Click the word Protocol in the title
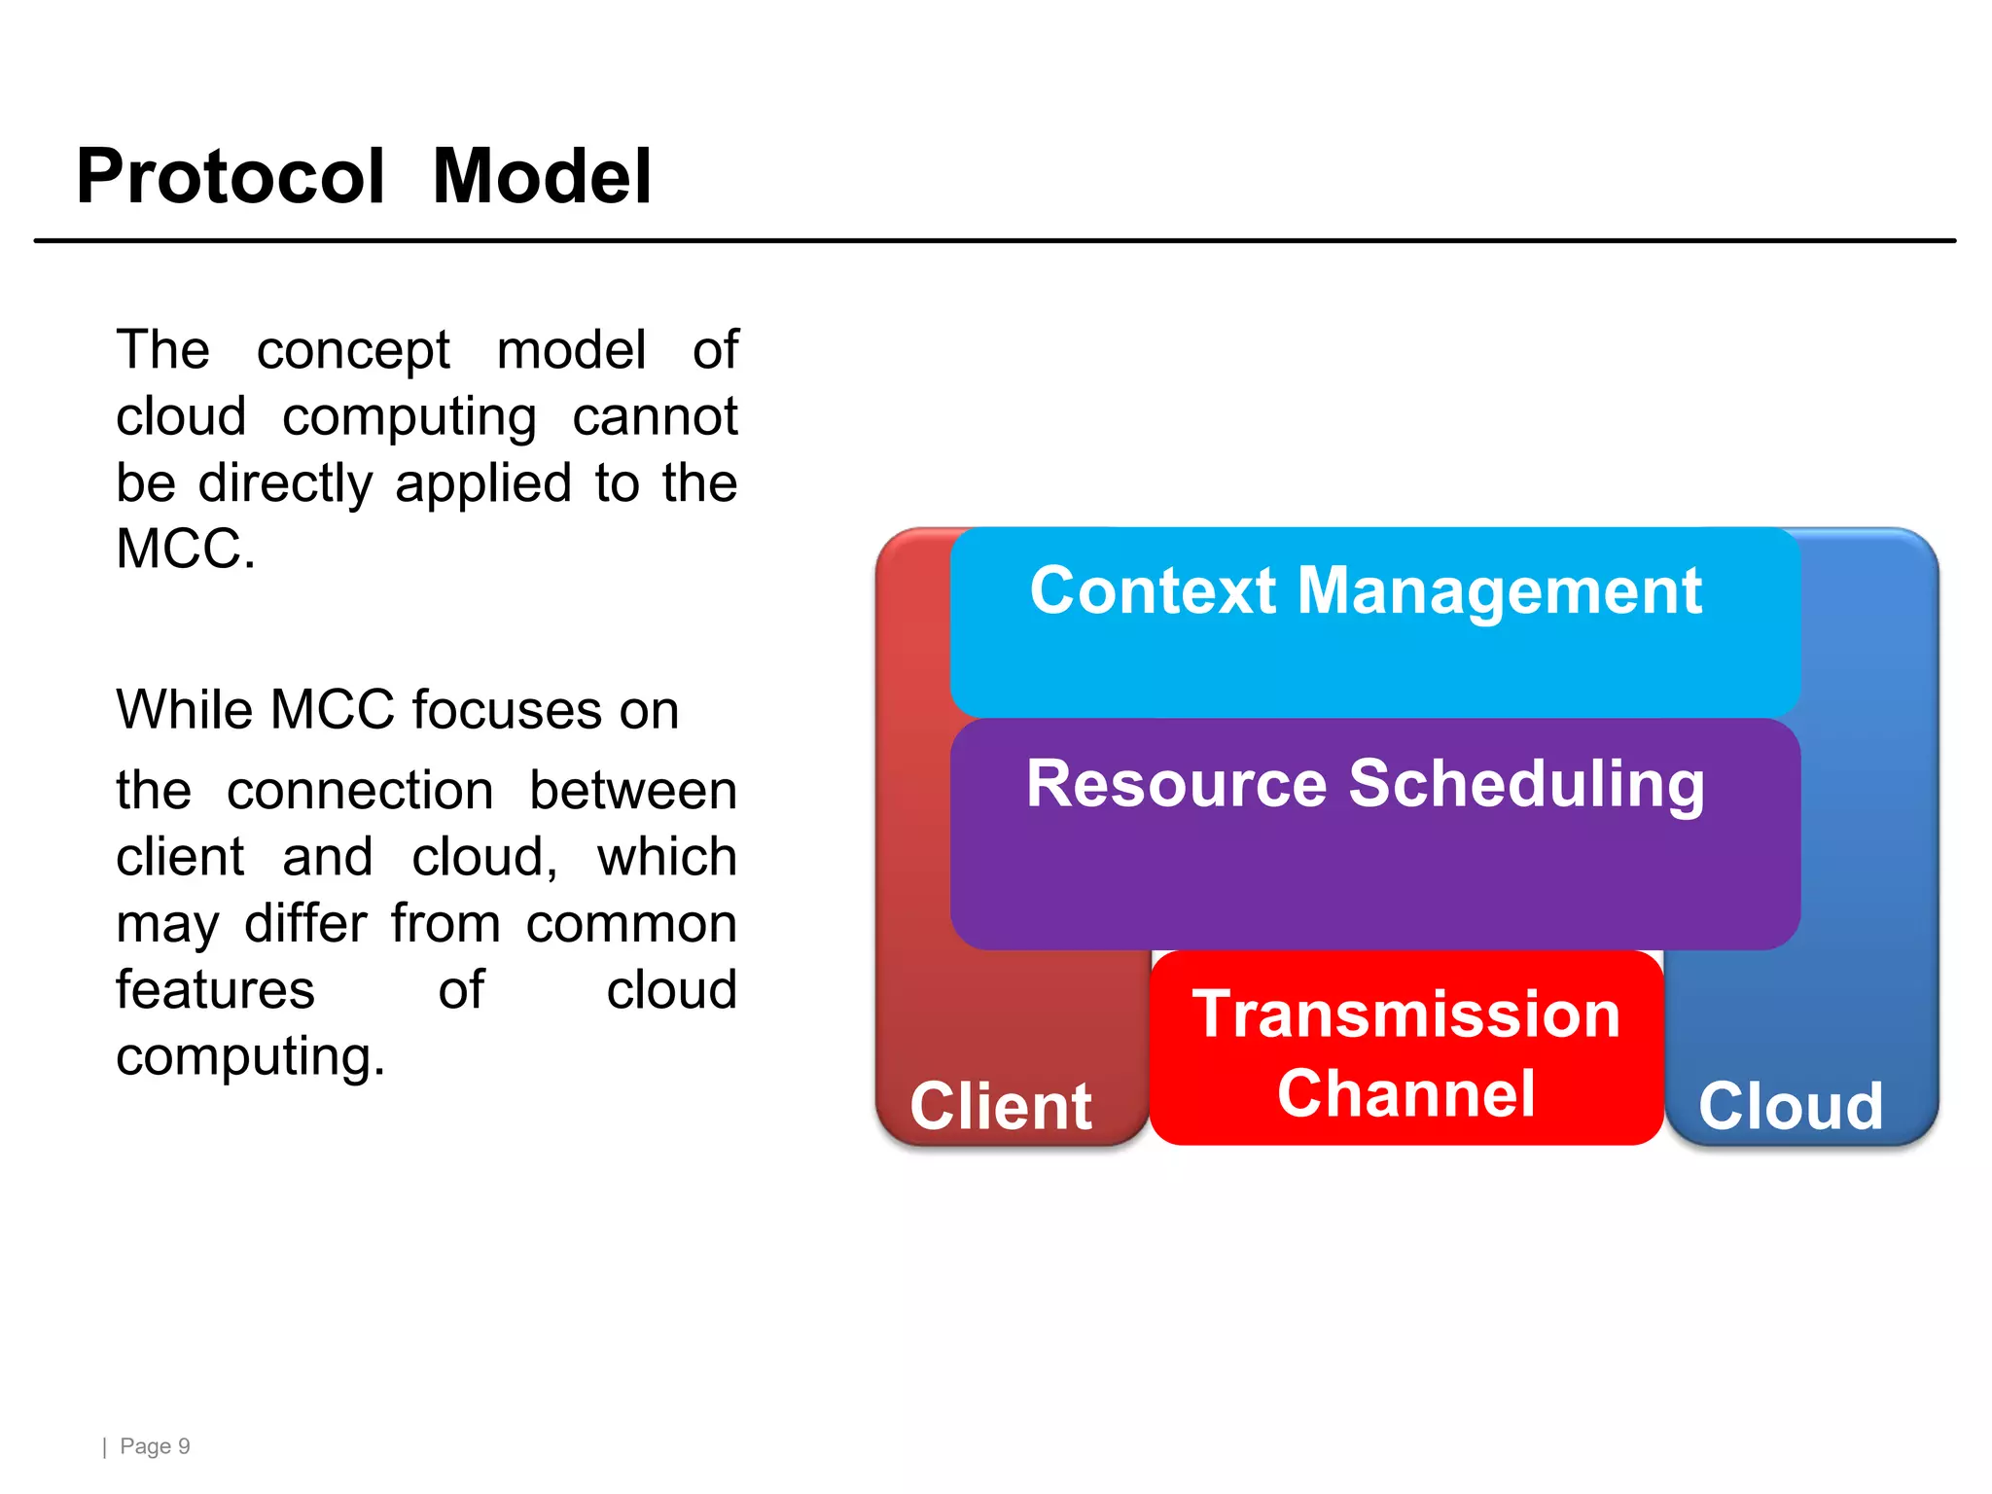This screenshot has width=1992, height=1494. tap(231, 177)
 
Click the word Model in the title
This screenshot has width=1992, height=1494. tap(541, 177)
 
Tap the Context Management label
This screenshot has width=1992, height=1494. tap(1366, 591)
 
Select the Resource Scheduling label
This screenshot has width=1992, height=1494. tap(1366, 784)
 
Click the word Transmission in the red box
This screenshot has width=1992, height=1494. tap(1405, 1014)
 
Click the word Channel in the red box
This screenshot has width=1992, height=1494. tap(1405, 1094)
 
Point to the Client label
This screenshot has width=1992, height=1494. tap(1000, 1107)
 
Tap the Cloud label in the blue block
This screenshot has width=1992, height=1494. tap(1791, 1107)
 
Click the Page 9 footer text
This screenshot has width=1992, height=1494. tap(154, 1446)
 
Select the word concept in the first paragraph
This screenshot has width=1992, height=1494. tap(352, 351)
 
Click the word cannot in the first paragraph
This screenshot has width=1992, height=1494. tap(655, 417)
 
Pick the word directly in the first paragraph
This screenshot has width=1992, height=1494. tap(285, 483)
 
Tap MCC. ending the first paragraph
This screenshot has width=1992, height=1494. tap(185, 550)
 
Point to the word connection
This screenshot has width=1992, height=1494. tap(360, 790)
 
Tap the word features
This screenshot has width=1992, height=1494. tap(215, 990)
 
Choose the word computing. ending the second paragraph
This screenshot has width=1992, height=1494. tap(250, 1057)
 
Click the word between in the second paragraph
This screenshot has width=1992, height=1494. tap(632, 790)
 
